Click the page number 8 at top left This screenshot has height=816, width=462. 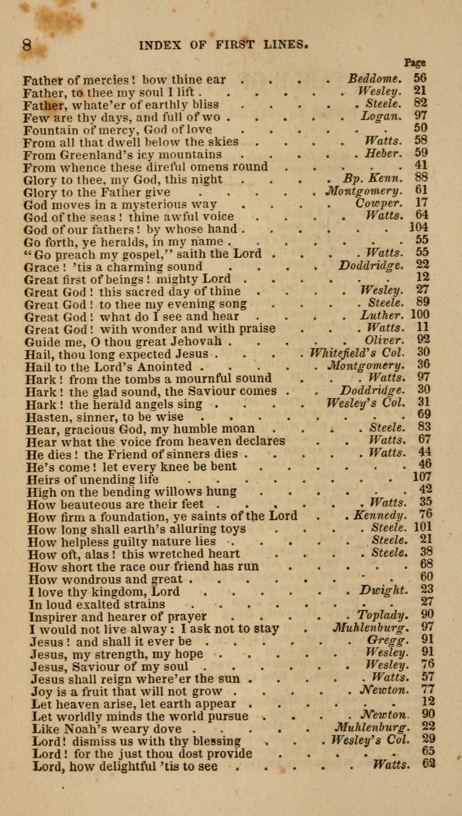27,45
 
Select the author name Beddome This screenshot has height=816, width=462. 374,79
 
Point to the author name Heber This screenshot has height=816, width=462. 383,154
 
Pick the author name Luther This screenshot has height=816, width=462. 382,316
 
